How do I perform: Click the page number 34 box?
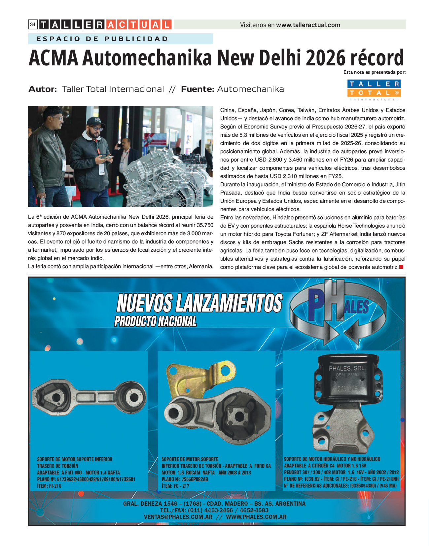tap(33, 24)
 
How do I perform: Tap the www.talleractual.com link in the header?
tap(308, 25)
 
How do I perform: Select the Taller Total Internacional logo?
tap(374, 90)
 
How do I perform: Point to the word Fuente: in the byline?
tap(197, 89)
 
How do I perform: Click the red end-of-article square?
tap(401, 267)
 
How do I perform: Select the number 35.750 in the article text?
tap(205, 225)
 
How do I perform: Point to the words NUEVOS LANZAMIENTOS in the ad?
tap(199, 303)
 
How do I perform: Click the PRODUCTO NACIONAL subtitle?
tap(156, 321)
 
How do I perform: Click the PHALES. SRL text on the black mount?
tap(346, 368)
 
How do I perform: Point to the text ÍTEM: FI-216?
tap(49, 486)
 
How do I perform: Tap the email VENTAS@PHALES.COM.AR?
tap(178, 517)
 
